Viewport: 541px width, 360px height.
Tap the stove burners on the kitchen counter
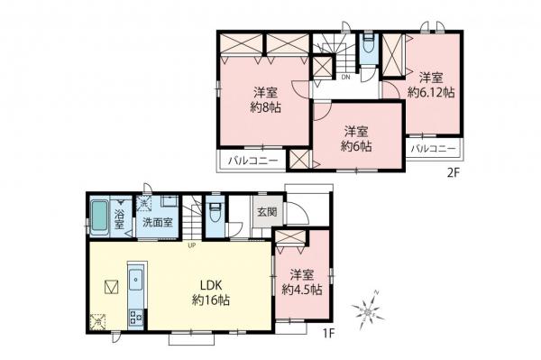pyautogui.click(x=136, y=317)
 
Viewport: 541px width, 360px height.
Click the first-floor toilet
pyautogui.click(x=215, y=216)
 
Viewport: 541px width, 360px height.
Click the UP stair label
pyautogui.click(x=192, y=243)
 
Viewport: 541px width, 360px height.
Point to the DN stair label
pyautogui.click(x=346, y=78)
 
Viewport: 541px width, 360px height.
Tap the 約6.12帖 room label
pyautogui.click(x=430, y=84)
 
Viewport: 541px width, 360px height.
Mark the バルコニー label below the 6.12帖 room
pyautogui.click(x=432, y=148)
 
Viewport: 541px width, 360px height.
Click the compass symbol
pyautogui.click(x=371, y=309)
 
